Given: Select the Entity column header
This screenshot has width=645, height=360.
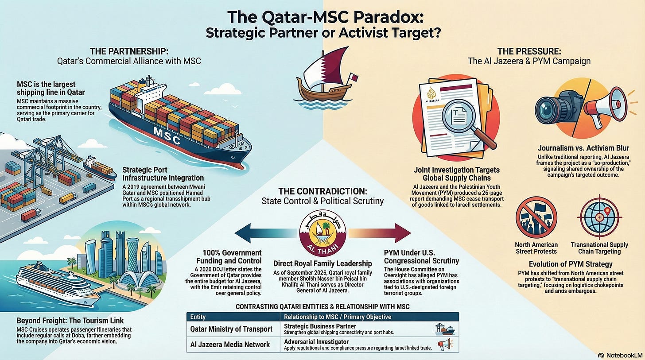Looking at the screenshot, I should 198,317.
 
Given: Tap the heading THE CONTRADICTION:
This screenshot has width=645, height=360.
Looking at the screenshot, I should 322,191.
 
